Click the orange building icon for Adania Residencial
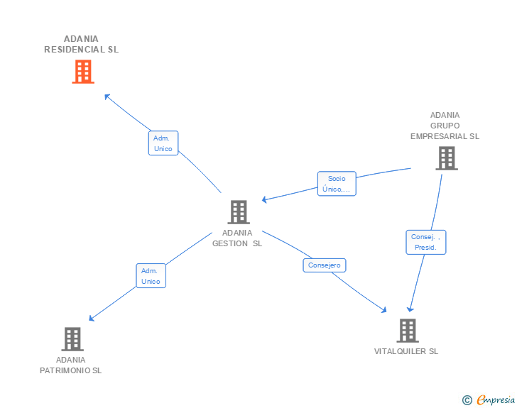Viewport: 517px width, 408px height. coord(83,71)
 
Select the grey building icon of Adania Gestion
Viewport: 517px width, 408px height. coord(239,211)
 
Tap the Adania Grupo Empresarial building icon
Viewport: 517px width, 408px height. coord(446,158)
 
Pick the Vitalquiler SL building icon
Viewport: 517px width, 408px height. coord(407,330)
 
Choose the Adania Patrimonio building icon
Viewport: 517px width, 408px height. coord(72,339)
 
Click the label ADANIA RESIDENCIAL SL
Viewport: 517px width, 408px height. coord(82,44)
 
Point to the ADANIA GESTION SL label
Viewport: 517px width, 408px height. coord(237,238)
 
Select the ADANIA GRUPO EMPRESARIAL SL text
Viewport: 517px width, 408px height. coord(445,126)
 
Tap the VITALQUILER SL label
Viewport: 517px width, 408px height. coord(406,351)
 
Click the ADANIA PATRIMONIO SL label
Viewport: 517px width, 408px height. coord(71,365)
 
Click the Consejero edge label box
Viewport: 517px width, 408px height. coord(325,265)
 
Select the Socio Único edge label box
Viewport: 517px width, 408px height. coord(337,184)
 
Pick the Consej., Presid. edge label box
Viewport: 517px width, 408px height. coord(426,242)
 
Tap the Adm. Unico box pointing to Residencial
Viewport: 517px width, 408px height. coord(163,143)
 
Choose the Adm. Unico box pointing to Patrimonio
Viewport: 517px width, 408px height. coord(151,276)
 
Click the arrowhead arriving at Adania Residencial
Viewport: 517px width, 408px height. coord(107,96)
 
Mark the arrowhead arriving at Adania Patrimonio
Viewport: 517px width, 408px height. coord(91,319)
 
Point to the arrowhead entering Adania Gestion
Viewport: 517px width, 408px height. coord(263,200)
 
